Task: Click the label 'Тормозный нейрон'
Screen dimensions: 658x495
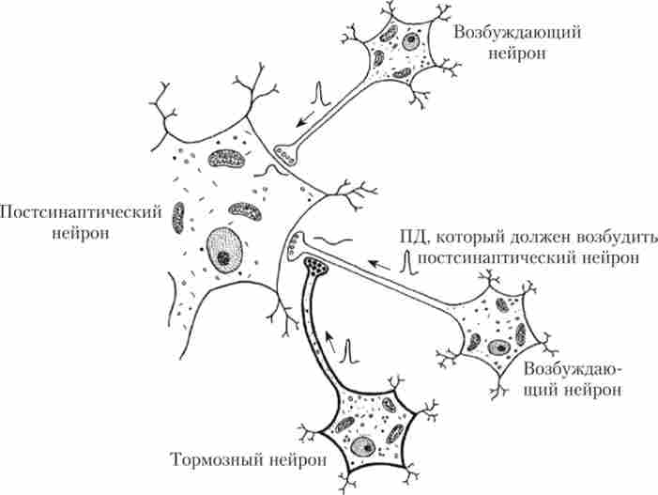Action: (249, 459)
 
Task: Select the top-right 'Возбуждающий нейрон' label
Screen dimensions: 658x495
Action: (517, 42)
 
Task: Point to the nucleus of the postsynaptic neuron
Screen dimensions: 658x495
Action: (224, 251)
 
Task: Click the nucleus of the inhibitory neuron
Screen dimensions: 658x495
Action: (363, 447)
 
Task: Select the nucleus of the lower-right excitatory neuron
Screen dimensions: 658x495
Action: (498, 348)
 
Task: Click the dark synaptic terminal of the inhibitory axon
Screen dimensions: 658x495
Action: (316, 266)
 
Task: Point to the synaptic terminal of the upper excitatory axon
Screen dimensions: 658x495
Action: (286, 153)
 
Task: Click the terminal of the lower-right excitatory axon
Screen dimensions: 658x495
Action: (296, 246)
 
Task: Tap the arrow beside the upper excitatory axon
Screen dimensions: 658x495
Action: (305, 118)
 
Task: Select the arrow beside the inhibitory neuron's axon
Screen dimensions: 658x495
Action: (331, 341)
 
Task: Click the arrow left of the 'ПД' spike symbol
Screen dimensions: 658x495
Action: (379, 265)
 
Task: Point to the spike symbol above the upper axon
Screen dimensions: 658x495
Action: (321, 93)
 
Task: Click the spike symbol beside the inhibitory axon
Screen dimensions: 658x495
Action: (349, 351)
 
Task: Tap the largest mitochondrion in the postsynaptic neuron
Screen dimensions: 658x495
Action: (226, 159)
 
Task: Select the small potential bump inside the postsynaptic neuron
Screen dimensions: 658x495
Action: (272, 170)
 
